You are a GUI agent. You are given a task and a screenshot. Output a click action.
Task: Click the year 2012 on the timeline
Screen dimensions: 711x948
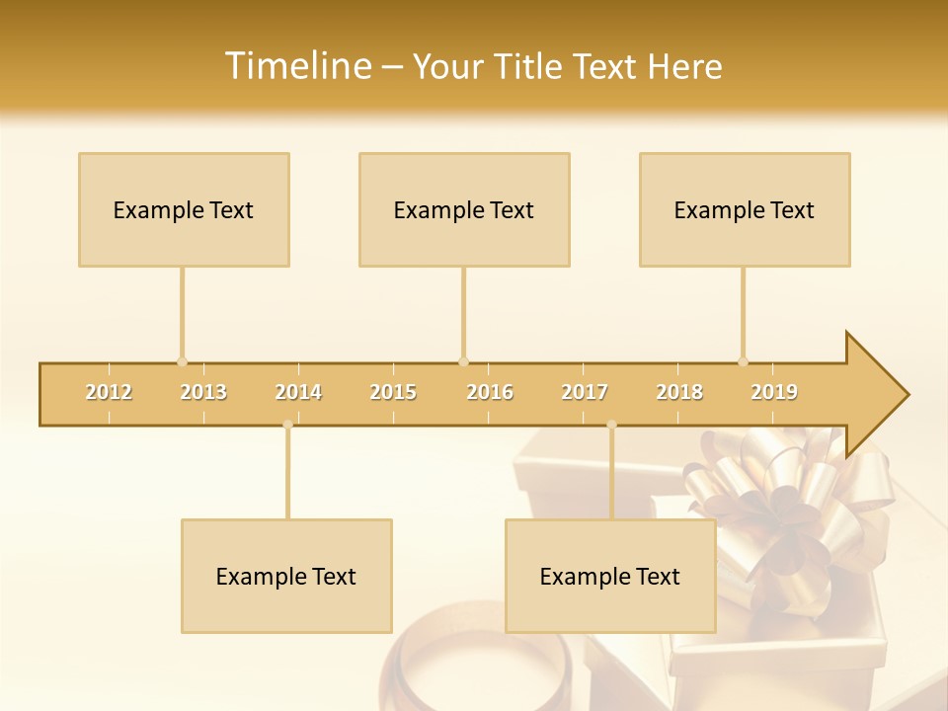coord(109,392)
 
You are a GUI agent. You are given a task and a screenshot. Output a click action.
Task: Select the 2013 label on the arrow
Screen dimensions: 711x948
coord(203,392)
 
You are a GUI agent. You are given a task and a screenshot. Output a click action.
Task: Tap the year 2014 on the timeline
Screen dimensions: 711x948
coord(298,392)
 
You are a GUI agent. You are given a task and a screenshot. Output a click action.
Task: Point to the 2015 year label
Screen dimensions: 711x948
coord(393,392)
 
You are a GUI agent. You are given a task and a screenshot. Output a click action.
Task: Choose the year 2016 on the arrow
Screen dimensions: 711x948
coord(490,392)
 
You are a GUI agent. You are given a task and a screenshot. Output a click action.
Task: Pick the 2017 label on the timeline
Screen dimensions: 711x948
coord(585,392)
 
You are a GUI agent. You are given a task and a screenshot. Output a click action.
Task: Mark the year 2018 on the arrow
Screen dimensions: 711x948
coord(679,392)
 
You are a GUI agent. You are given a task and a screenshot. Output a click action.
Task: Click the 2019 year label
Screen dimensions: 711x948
coord(774,392)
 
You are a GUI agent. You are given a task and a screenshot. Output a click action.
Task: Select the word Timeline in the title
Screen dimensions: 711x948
coord(296,66)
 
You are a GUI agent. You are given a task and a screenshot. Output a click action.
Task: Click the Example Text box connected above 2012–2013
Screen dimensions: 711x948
coord(184,209)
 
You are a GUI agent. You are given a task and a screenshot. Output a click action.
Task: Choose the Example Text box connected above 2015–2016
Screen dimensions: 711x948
coord(464,209)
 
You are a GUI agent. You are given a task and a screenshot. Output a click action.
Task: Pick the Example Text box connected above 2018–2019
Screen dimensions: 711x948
coord(745,209)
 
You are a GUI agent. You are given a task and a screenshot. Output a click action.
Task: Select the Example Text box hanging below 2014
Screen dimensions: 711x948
coord(286,576)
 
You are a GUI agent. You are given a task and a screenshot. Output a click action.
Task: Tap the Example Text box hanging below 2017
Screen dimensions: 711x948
coord(610,576)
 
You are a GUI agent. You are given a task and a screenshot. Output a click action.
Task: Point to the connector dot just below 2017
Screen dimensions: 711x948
coord(611,425)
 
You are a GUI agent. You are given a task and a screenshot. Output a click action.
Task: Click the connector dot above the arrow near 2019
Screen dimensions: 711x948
coord(743,361)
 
